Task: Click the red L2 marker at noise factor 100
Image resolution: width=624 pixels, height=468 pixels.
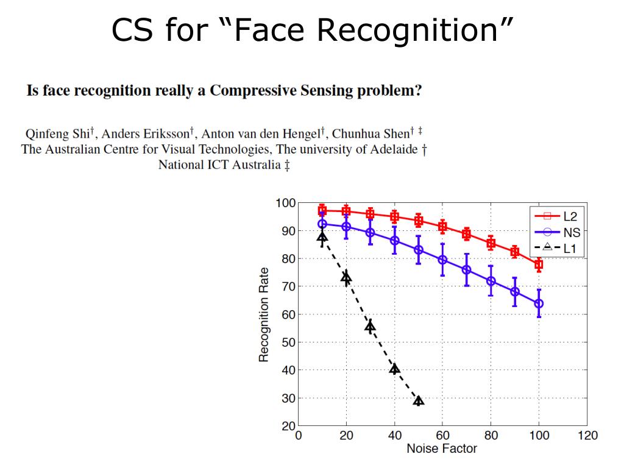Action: click(x=539, y=264)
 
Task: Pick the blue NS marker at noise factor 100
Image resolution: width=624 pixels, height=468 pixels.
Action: click(x=539, y=303)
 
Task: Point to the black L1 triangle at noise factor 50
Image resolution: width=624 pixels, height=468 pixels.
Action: click(x=419, y=400)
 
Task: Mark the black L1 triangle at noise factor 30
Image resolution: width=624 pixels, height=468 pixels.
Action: click(x=370, y=326)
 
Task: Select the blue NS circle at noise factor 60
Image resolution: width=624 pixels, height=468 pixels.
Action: click(x=442, y=260)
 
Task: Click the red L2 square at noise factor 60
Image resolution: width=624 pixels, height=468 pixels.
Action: click(x=442, y=227)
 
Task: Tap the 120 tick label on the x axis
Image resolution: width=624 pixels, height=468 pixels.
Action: click(x=587, y=435)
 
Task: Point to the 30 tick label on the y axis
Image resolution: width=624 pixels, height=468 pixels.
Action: click(x=288, y=399)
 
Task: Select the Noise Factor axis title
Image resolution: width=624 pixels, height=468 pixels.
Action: click(x=442, y=449)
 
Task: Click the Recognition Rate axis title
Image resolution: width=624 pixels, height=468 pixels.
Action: click(x=264, y=314)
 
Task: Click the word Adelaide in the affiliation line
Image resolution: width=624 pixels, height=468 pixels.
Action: click(x=393, y=149)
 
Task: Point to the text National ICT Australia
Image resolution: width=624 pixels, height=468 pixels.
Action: click(x=219, y=165)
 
